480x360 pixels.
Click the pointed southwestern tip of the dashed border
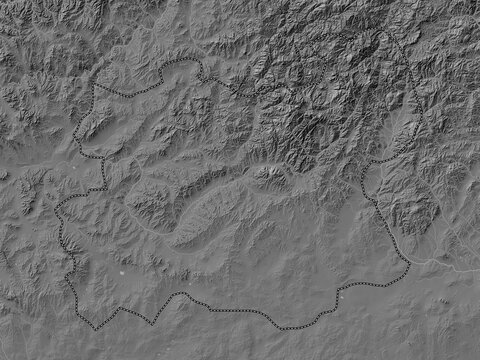click(96, 327)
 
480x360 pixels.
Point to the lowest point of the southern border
click(284, 329)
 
